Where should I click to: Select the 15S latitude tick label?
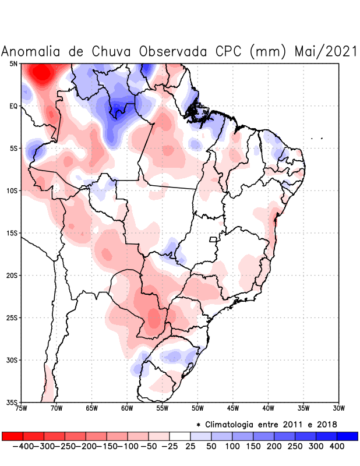pyautogui.click(x=12, y=233)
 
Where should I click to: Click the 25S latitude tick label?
pyautogui.click(x=12, y=317)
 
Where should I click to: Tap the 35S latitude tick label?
pyautogui.click(x=12, y=402)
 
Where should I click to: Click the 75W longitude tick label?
pyautogui.click(x=22, y=408)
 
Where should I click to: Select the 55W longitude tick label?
pyautogui.click(x=163, y=408)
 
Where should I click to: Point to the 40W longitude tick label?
pyautogui.click(x=268, y=408)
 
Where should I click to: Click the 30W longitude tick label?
pyautogui.click(x=338, y=408)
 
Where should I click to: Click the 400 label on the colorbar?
pyautogui.click(x=337, y=446)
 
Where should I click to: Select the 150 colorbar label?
pyautogui.click(x=253, y=446)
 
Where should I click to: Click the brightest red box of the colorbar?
pyautogui.click(x=12, y=436)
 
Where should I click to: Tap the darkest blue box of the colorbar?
pyautogui.click(x=347, y=436)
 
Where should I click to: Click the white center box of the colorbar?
pyautogui.click(x=179, y=436)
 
